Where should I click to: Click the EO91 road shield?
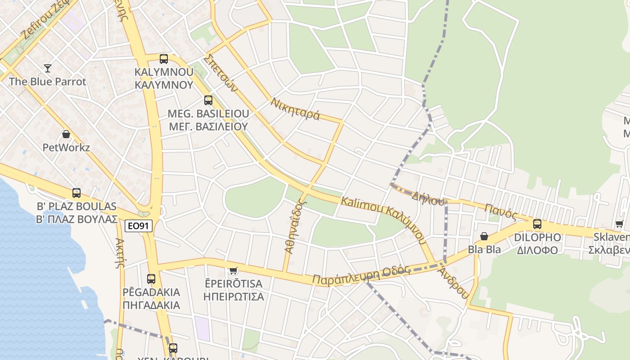point(139,226)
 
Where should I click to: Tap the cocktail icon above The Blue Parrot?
point(48,68)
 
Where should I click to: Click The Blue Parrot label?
point(47,82)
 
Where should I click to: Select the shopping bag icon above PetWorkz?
point(66,134)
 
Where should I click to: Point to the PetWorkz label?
point(66,148)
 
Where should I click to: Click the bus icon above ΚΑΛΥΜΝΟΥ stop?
point(164,58)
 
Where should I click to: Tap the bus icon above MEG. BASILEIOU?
point(208,100)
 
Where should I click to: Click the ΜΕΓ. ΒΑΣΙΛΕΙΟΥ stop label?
point(208,126)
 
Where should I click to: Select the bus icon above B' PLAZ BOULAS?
point(76,193)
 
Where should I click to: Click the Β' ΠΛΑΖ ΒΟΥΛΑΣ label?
point(76,220)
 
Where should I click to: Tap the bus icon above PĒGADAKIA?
point(151,279)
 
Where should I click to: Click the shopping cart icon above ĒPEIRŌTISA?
point(233,270)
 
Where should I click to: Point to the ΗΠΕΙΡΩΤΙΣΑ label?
point(233,297)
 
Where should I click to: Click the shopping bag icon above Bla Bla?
point(484,236)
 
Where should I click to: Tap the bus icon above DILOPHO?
point(537,224)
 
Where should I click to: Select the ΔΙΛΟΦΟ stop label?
point(537,251)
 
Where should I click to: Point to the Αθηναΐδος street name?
point(295,226)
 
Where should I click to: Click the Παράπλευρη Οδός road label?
point(361,275)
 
